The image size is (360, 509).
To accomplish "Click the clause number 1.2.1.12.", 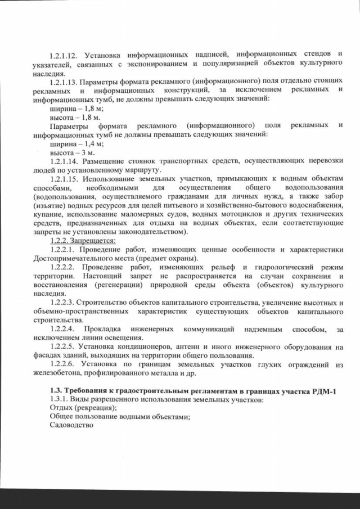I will pos(66,55).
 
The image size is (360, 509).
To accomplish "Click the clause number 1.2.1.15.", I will pos(66,178).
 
